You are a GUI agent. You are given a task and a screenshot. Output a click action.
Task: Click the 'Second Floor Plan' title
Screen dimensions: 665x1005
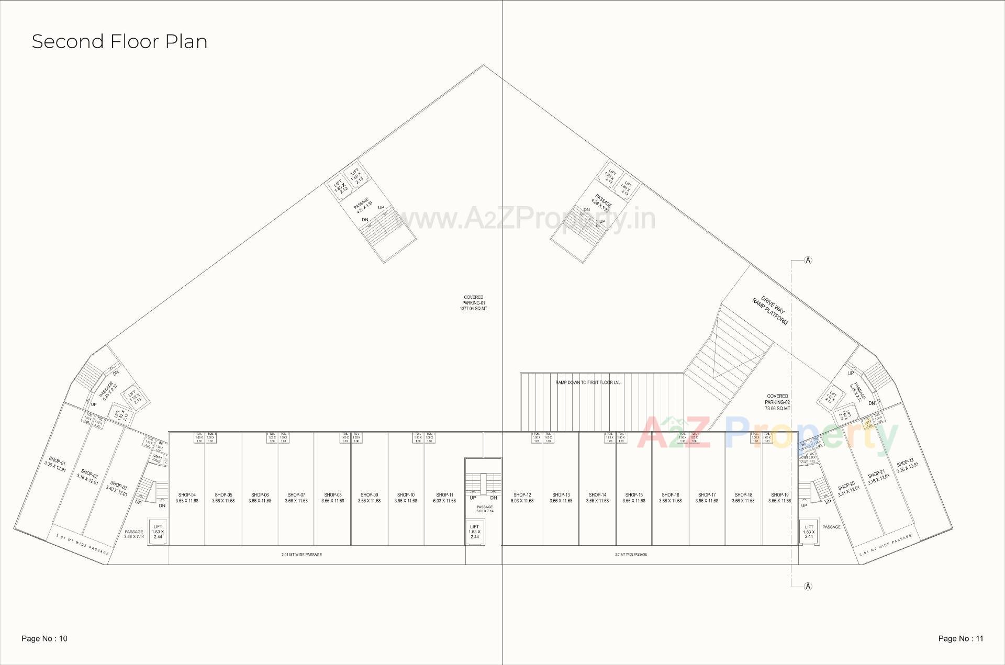point(119,41)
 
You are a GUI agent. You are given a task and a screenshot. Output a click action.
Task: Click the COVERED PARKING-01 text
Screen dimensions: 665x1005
point(474,303)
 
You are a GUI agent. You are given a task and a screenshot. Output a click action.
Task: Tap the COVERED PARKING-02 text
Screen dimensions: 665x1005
point(777,402)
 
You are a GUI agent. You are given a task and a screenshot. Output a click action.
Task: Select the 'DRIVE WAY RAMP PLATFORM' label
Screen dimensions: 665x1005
point(770,311)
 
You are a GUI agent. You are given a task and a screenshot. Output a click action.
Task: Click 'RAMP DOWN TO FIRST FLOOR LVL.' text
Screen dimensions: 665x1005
point(588,382)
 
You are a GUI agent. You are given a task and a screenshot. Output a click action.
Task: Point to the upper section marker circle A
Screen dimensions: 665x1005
point(808,261)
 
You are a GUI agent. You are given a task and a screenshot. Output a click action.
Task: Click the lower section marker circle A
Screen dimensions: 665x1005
point(808,587)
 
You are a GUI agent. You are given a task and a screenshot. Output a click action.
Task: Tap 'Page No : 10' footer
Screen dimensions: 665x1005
point(44,638)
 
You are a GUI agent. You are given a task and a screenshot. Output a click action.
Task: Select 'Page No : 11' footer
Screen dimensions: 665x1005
point(961,638)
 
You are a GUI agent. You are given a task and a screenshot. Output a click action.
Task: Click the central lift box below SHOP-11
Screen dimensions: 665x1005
point(474,532)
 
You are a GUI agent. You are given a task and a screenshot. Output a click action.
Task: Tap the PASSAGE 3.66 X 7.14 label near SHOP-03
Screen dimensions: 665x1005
point(134,534)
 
